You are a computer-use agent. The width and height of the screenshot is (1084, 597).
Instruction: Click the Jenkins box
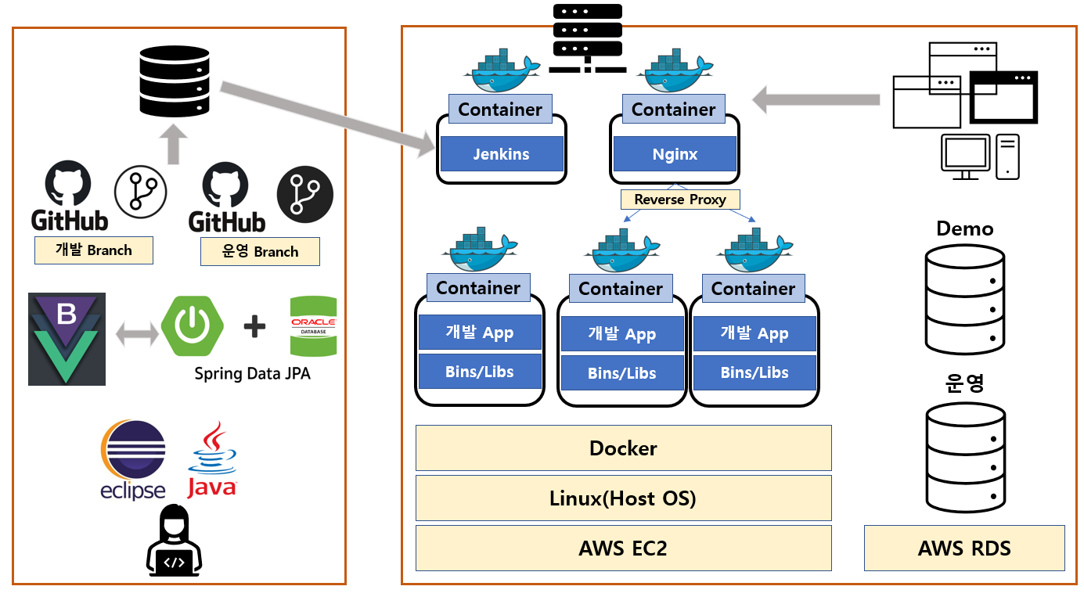click(502, 154)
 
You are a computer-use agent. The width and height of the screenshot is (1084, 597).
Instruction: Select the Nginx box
click(675, 154)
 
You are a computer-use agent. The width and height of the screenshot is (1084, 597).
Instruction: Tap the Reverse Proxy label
click(680, 200)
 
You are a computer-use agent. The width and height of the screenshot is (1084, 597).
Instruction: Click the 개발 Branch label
click(93, 250)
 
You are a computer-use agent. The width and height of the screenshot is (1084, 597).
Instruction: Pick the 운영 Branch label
click(260, 252)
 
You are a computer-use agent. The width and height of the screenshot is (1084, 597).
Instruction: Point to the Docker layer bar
click(623, 448)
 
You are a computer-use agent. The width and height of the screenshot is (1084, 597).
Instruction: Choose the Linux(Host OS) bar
click(623, 498)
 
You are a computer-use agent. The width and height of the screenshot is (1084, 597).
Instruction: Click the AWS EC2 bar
click(623, 548)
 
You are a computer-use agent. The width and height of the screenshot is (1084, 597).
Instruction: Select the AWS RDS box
click(964, 548)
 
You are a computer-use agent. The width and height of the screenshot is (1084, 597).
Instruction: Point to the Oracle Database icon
click(313, 326)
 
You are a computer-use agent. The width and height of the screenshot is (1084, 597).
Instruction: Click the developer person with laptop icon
click(175, 540)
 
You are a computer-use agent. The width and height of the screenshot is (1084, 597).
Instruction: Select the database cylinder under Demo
click(964, 298)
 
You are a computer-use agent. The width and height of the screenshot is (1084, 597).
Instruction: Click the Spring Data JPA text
click(252, 374)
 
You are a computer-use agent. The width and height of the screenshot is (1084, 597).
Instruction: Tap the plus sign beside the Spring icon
click(254, 326)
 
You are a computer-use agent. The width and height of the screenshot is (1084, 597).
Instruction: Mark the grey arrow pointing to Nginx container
click(814, 99)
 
